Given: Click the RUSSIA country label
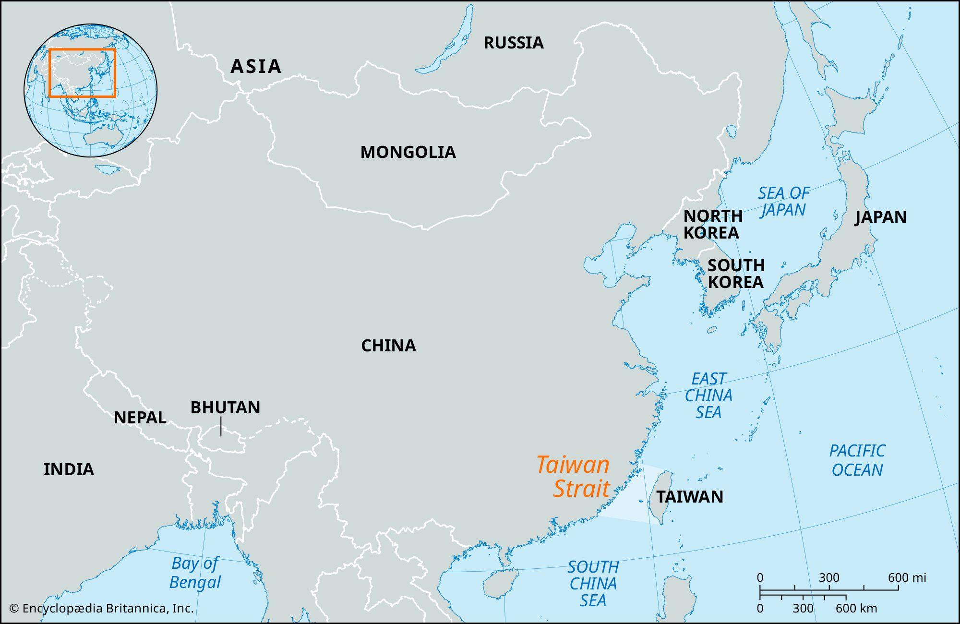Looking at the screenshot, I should (x=514, y=43).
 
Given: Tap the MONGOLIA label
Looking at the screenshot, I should (x=408, y=152).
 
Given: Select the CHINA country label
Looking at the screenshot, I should (x=388, y=346).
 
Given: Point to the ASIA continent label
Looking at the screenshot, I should (x=255, y=66).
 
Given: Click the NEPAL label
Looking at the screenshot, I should (x=140, y=418).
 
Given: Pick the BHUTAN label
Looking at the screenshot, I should (x=225, y=408).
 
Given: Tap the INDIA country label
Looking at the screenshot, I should (x=69, y=469).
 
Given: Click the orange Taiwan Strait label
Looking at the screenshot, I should (x=574, y=477).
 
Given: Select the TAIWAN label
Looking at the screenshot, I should (x=689, y=497).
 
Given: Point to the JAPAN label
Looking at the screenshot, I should (x=881, y=217).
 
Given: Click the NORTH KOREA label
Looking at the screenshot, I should (x=712, y=224).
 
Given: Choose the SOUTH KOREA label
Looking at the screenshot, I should (x=735, y=274).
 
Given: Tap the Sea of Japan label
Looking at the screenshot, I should (x=783, y=202).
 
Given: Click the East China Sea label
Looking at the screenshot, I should (x=708, y=396).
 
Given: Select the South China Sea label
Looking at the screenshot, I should (x=593, y=584).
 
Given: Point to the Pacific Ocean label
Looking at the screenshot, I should (x=857, y=460).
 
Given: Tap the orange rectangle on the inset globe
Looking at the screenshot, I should (x=82, y=49).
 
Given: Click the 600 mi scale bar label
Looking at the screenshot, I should (x=907, y=577).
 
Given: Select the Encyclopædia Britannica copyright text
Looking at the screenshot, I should (x=101, y=609).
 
